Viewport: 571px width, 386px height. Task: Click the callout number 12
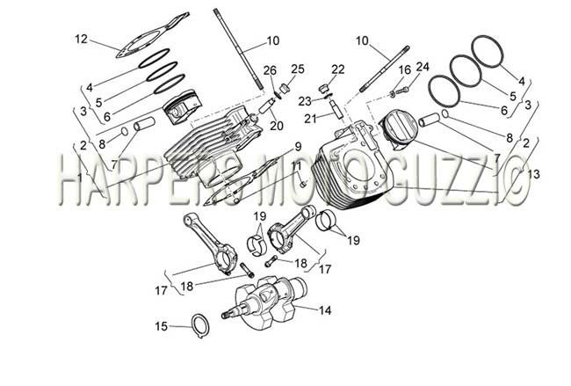(x=82, y=39)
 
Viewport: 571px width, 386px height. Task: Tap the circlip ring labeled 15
(x=200, y=324)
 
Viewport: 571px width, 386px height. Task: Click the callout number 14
(x=325, y=310)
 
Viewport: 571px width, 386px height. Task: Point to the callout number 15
(x=162, y=326)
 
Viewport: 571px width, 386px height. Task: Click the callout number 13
(x=532, y=174)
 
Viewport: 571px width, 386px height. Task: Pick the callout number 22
(x=337, y=69)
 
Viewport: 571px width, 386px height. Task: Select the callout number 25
(x=297, y=69)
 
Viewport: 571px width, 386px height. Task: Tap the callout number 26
(x=270, y=70)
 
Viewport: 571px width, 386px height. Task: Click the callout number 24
(x=423, y=67)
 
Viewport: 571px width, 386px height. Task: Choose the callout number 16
(x=405, y=70)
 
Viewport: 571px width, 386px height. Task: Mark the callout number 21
(x=310, y=119)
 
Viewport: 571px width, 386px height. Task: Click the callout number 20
(x=277, y=126)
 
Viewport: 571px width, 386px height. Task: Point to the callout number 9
(x=299, y=147)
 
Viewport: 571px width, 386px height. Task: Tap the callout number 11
(x=296, y=166)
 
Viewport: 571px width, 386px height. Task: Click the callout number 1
(x=79, y=178)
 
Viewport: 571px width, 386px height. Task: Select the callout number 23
(x=305, y=101)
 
